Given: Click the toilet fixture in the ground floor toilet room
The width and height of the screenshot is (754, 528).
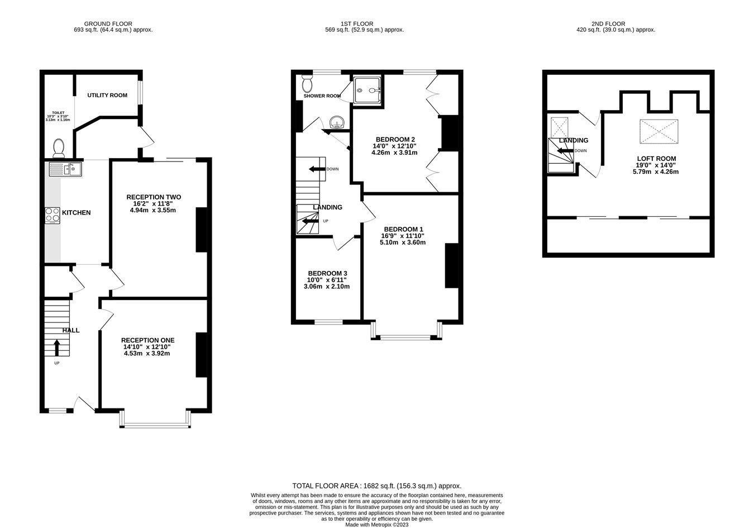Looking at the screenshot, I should tap(59, 148).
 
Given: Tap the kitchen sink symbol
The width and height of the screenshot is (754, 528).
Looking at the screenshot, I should tap(65, 168).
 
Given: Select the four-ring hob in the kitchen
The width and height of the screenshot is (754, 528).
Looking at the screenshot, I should tap(53, 215).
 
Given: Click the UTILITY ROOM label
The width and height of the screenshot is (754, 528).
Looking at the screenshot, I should tap(107, 96).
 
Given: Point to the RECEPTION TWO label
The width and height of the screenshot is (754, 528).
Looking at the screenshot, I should tap(154, 197).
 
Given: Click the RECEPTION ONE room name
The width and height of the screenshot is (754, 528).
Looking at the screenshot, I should tap(147, 340).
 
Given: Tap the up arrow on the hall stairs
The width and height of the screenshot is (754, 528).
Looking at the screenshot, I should tap(56, 348).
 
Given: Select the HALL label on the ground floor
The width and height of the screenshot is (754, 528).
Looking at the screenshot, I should tap(70, 330).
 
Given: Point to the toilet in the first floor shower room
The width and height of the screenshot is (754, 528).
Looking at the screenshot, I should tap(307, 84).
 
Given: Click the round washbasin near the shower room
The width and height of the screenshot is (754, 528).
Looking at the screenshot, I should tap(337, 122).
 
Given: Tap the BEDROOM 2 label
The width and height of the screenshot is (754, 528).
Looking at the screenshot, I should tap(395, 139).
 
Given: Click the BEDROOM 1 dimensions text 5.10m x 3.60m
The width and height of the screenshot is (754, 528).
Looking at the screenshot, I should tap(403, 242).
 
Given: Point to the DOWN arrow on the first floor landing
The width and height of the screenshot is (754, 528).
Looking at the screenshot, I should tap(318, 169).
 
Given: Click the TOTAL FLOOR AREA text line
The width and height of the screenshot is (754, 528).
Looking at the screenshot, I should tap(377, 486).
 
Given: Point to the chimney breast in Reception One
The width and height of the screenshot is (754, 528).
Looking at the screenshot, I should tap(201, 355).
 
